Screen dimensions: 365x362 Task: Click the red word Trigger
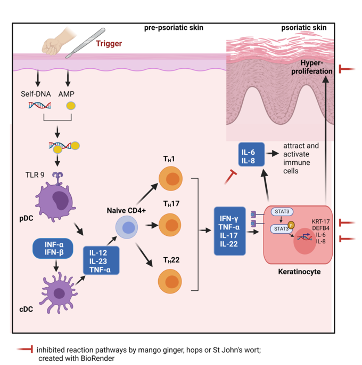(109, 43)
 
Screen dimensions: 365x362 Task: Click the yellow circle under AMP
(70, 106)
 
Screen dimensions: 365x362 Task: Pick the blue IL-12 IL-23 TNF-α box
(101, 261)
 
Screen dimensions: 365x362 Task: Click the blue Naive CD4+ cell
(128, 228)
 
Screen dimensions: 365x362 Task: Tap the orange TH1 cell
(171, 181)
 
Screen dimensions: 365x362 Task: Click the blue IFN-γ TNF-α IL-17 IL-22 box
(229, 231)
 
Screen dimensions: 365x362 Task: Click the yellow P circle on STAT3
(291, 225)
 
